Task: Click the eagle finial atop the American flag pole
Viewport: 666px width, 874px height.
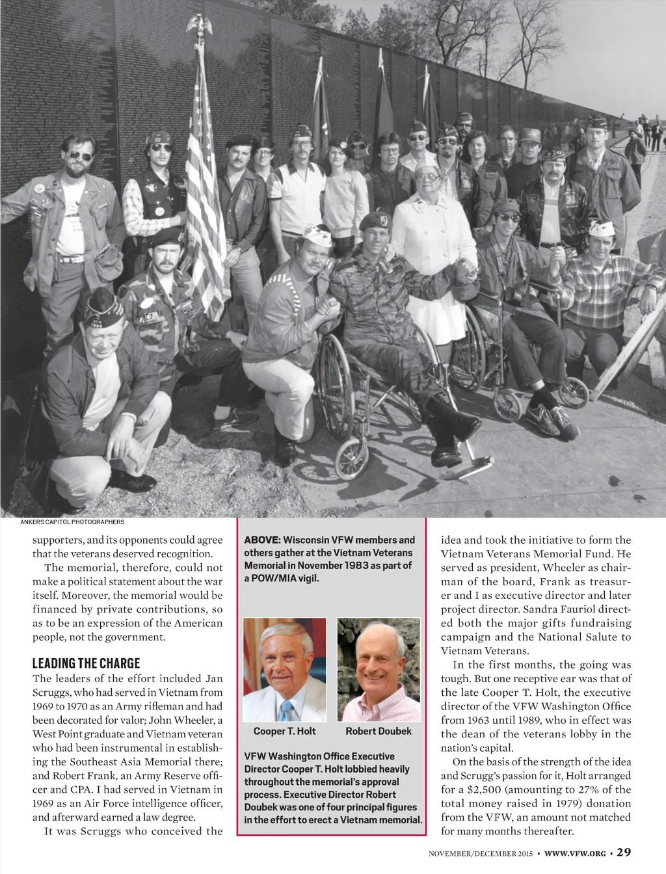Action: tap(200, 26)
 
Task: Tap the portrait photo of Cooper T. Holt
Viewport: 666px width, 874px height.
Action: tap(284, 669)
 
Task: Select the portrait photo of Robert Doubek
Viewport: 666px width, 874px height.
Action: tap(379, 669)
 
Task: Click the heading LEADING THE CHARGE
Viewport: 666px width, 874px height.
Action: tap(87, 663)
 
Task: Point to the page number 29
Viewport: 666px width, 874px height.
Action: tap(624, 852)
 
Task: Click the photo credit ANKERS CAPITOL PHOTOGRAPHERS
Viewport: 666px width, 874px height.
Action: tap(72, 522)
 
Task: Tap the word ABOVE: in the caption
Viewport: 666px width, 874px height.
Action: tap(262, 540)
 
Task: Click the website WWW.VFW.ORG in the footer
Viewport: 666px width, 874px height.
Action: tap(575, 853)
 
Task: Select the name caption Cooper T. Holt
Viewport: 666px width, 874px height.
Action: tap(284, 731)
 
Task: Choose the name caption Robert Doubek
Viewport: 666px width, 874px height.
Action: tap(379, 731)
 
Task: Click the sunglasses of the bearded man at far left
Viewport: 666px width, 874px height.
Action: tap(81, 156)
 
